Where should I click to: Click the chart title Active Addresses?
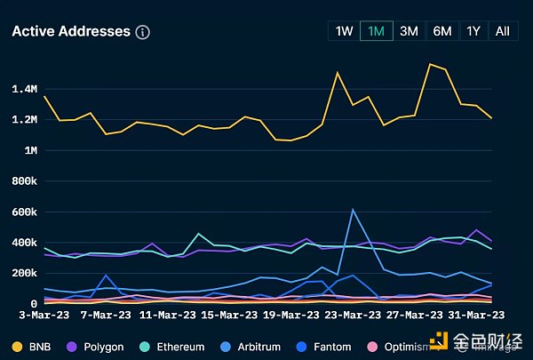pos(71,32)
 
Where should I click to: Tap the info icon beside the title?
pos(143,32)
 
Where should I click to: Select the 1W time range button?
pos(344,31)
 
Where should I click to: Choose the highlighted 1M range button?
pos(376,31)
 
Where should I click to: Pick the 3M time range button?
pos(409,31)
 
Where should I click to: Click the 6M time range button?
pos(442,31)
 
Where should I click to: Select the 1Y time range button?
pos(473,31)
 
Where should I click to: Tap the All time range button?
pos(502,31)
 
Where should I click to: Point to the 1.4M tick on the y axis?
pos(24,89)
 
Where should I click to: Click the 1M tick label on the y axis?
pos(29,150)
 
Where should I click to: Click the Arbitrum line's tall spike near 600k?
pos(353,210)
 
